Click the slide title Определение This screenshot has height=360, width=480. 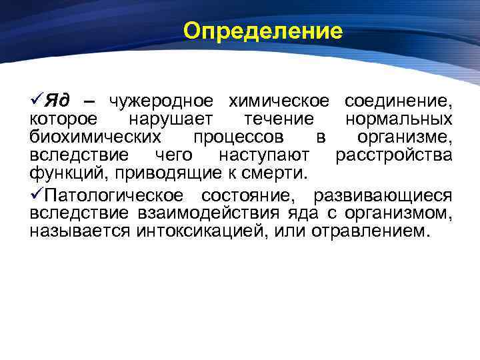point(263,31)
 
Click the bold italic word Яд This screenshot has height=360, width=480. point(59,101)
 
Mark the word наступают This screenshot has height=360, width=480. point(264,156)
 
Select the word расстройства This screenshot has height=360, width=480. point(394,156)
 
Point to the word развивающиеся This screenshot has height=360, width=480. point(388,195)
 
